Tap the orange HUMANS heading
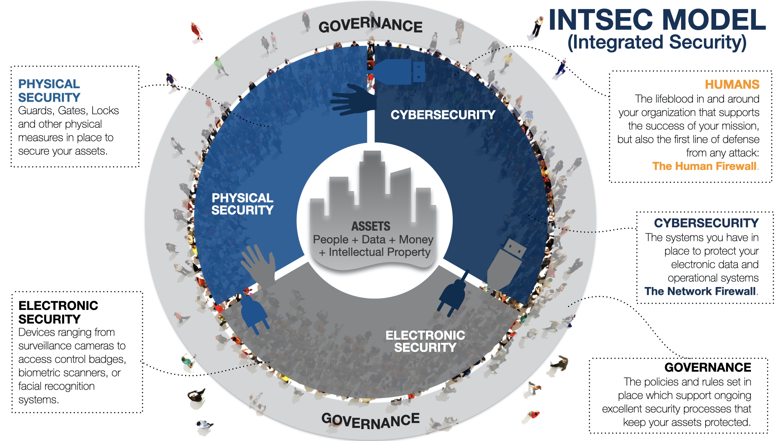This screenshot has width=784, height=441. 732,84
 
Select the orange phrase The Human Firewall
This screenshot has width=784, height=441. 704,166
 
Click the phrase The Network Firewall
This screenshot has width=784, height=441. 700,291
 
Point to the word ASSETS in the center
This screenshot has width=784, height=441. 371,226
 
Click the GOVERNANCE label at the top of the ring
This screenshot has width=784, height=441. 370,25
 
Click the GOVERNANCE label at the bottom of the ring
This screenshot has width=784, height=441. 370,421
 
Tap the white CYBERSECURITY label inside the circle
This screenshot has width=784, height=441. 443,115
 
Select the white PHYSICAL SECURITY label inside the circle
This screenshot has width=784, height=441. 243,204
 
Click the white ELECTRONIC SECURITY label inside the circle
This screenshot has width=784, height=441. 425,341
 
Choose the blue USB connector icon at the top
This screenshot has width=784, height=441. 399,72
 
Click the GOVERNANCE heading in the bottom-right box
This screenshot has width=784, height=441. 708,367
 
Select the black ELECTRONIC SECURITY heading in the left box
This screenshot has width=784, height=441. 58,312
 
